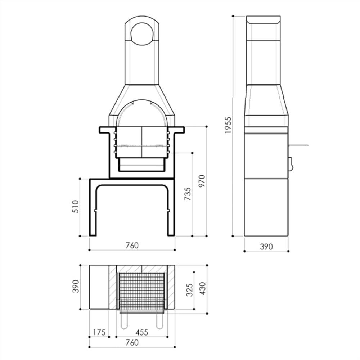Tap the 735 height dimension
pyautogui.click(x=187, y=194)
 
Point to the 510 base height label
pyautogui.click(x=75, y=207)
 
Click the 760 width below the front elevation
pyautogui.click(x=132, y=246)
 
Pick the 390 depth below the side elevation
pyautogui.click(x=266, y=247)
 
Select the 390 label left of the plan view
pyautogui.click(x=75, y=287)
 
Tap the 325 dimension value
pyautogui.click(x=190, y=290)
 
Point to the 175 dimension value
pyautogui.click(x=99, y=332)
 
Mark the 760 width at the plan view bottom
pyautogui.click(x=132, y=343)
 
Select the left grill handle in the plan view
pyautogui.click(x=124, y=320)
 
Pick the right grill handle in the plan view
pyautogui.click(x=159, y=320)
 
